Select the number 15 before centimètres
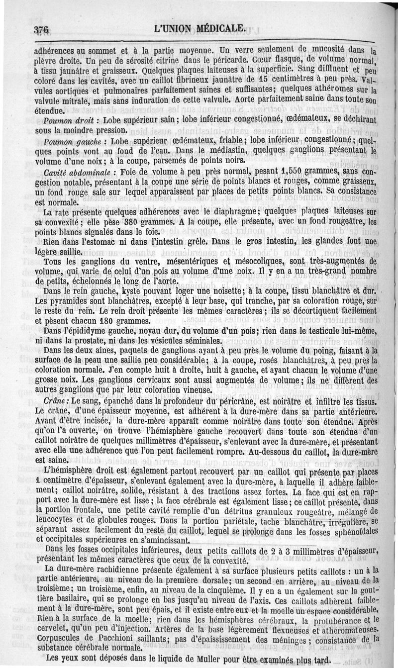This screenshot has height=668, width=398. (253, 80)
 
